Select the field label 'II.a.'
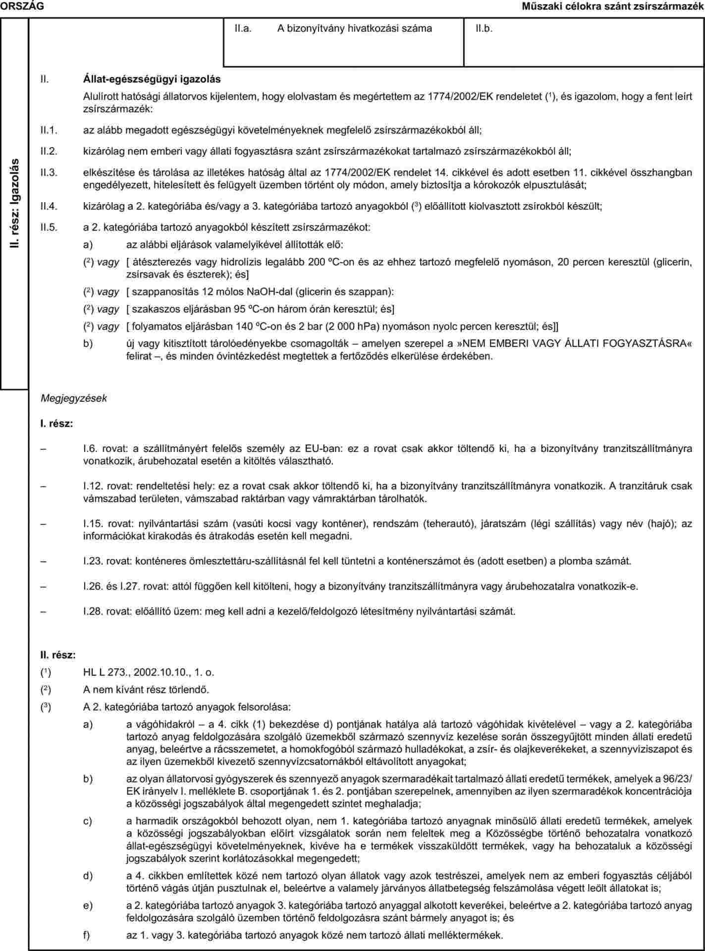tap(244, 29)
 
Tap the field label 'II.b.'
tap(484, 29)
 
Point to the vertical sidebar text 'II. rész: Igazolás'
tap(15, 203)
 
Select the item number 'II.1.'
tap(49, 130)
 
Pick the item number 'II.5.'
tap(49, 228)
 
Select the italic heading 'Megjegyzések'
tap(74, 398)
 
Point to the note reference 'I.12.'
tap(92, 487)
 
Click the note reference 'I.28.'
tap(93, 611)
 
